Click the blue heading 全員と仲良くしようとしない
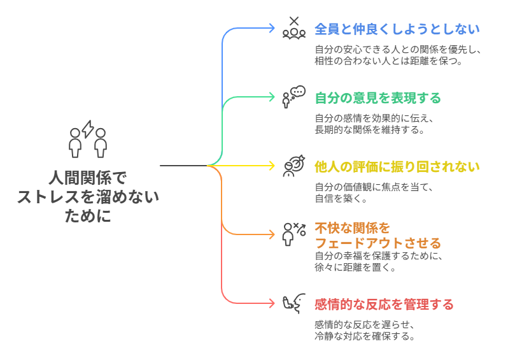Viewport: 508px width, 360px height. click(x=397, y=29)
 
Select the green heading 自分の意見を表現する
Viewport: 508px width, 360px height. click(x=377, y=98)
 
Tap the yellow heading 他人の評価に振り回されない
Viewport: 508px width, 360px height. click(x=397, y=167)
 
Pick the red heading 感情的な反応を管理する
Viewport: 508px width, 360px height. click(x=384, y=305)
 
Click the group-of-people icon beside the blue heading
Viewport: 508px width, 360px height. click(x=293, y=29)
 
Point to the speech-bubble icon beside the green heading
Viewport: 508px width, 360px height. click(x=293, y=96)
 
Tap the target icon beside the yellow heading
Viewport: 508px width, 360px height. click(x=293, y=166)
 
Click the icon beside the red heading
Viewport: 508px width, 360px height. click(x=292, y=303)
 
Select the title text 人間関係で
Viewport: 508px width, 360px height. click(x=88, y=177)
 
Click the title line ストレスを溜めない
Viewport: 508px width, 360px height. click(x=88, y=196)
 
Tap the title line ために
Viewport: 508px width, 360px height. click(x=88, y=215)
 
